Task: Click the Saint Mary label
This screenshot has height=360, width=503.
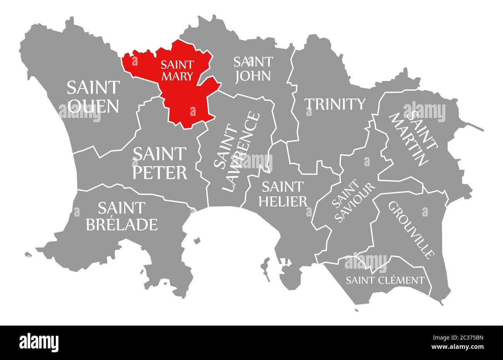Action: pyautogui.click(x=178, y=70)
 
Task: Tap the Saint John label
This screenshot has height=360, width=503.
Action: pyautogui.click(x=253, y=68)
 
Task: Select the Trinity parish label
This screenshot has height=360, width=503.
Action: pyautogui.click(x=335, y=104)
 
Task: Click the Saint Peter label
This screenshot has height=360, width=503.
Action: pyautogui.click(x=160, y=163)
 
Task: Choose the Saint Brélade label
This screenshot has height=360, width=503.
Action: pyautogui.click(x=121, y=216)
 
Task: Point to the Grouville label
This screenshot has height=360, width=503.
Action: pyautogui.click(x=411, y=229)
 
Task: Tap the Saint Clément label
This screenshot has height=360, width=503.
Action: pyautogui.click(x=385, y=280)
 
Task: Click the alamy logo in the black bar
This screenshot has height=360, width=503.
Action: pyautogui.click(x=39, y=342)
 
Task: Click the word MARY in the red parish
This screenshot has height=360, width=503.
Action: pyautogui.click(x=177, y=76)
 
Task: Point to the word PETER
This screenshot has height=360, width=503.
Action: pyautogui.click(x=160, y=172)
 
